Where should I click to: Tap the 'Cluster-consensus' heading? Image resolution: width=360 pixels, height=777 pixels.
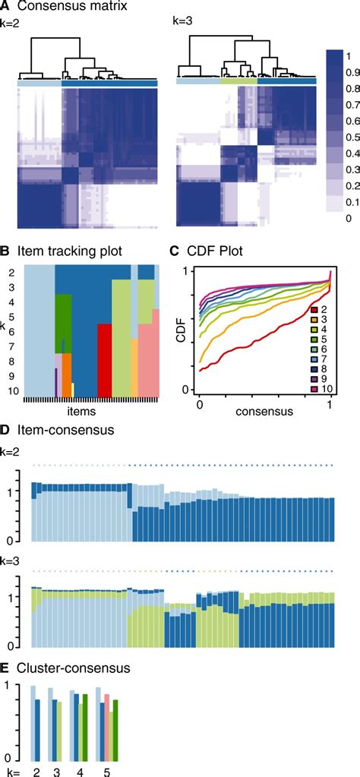coord(66,669)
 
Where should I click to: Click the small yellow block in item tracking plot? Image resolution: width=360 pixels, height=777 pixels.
coord(73,390)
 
